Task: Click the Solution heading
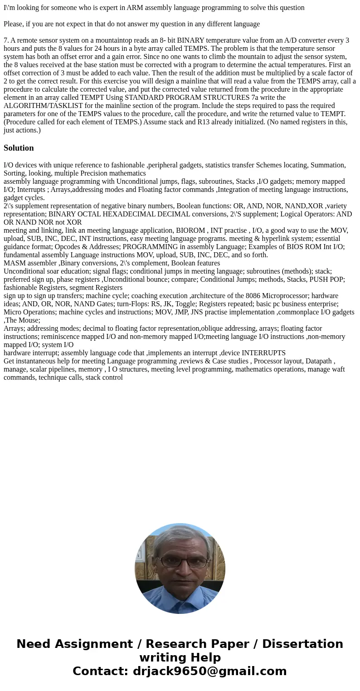click(x=19, y=148)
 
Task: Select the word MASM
click(x=14, y=263)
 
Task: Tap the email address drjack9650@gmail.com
click(x=209, y=671)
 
